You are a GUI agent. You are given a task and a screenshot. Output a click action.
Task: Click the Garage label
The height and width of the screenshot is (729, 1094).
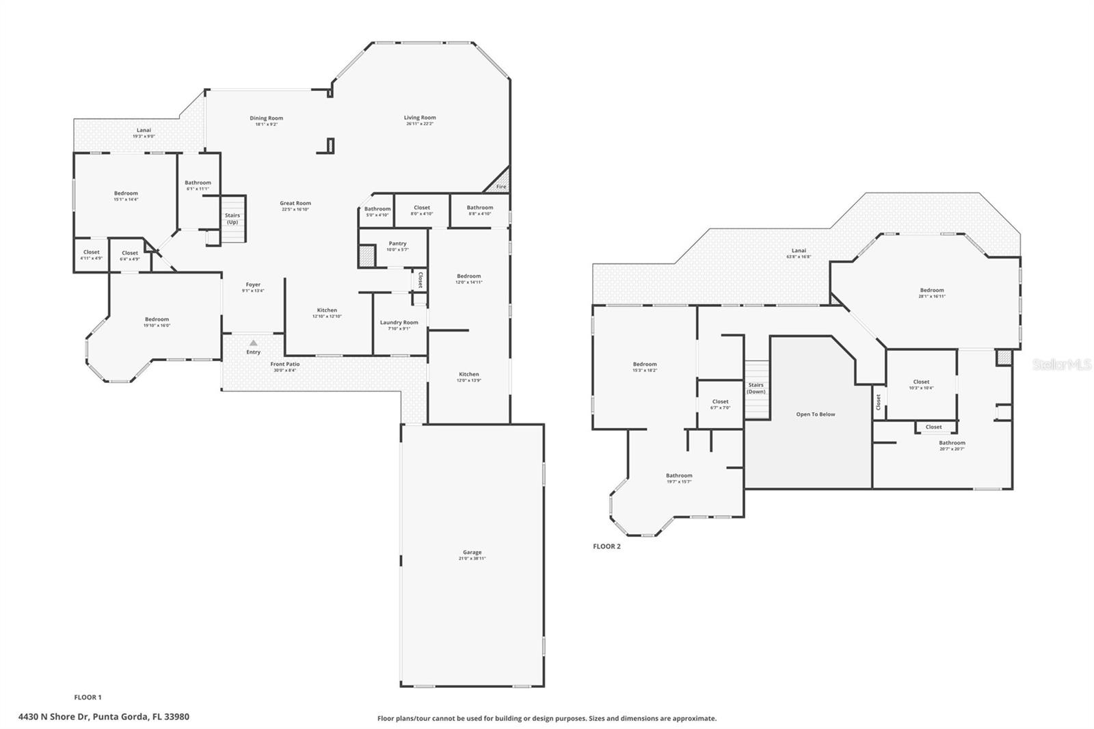click(x=472, y=553)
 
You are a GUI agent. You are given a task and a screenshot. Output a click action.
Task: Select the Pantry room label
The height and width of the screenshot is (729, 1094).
click(x=397, y=243)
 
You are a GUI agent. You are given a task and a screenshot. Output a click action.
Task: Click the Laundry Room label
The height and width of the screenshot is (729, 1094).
click(x=399, y=323)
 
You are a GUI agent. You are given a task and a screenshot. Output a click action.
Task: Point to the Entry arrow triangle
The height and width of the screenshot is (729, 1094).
click(x=254, y=343)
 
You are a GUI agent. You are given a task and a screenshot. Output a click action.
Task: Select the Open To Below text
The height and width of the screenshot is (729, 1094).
click(x=815, y=414)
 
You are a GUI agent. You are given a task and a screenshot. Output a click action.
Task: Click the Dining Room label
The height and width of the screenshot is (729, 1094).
click(x=266, y=118)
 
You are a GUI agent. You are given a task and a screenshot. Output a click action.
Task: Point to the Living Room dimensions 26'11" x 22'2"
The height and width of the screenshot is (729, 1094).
click(x=420, y=124)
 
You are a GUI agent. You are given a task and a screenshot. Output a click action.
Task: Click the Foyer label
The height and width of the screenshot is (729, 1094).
click(x=253, y=284)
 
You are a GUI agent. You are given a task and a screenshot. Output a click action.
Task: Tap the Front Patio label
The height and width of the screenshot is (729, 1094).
click(x=284, y=364)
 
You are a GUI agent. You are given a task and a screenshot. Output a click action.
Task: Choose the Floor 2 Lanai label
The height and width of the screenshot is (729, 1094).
click(x=799, y=251)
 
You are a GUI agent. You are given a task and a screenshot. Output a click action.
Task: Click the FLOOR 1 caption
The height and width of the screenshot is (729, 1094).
click(x=88, y=698)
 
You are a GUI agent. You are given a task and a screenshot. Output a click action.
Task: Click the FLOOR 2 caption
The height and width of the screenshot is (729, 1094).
click(x=606, y=546)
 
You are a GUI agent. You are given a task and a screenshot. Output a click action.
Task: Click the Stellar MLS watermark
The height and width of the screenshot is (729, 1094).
click(x=1061, y=364)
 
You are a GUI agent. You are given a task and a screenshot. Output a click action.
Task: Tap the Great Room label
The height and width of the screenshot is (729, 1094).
click(x=295, y=203)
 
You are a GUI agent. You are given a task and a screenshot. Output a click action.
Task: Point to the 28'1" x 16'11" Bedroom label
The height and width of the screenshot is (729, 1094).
click(x=931, y=293)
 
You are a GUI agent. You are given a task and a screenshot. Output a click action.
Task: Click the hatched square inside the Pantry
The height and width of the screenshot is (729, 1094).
click(x=367, y=256)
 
